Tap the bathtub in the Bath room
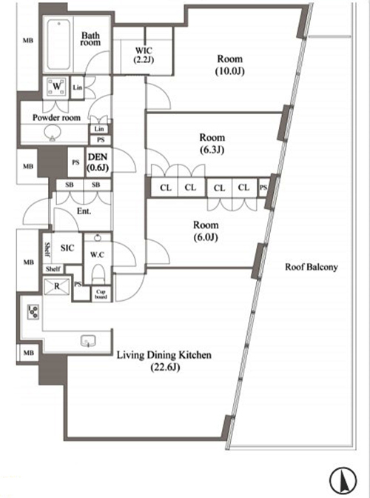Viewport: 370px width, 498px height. (x=58, y=44)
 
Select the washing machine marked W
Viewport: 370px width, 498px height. (x=57, y=86)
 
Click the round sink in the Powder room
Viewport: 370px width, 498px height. (x=53, y=133)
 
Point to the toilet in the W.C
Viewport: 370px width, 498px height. (x=98, y=272)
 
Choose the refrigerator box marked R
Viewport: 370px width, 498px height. (x=56, y=287)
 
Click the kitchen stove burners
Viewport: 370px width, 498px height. (x=33, y=312)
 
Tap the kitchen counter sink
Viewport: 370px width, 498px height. (x=88, y=342)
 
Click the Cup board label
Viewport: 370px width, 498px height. (x=101, y=294)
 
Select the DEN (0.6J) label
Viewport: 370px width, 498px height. (x=98, y=162)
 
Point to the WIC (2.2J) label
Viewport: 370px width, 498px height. (x=144, y=55)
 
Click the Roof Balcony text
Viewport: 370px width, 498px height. (x=311, y=267)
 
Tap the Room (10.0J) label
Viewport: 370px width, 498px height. (x=230, y=64)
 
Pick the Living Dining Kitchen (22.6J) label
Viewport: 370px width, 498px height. (x=164, y=361)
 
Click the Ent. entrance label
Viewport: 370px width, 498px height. (x=84, y=211)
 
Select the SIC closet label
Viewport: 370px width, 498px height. (x=67, y=248)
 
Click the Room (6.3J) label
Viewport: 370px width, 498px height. (x=212, y=144)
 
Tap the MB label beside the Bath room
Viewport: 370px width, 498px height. (x=28, y=40)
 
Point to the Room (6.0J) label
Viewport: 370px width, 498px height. (x=206, y=231)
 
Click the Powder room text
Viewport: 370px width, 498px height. (x=56, y=118)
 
